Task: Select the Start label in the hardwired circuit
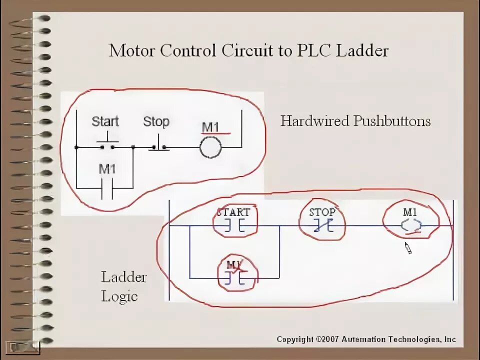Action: (105, 121)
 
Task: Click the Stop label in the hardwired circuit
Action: (156, 121)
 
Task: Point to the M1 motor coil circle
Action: (210, 148)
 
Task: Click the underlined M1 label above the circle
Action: (210, 127)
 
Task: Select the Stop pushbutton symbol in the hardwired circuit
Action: (159, 145)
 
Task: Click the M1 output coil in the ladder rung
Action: (411, 225)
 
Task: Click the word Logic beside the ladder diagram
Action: (119, 295)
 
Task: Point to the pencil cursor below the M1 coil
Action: (408, 248)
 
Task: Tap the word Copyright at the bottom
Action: (295, 339)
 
